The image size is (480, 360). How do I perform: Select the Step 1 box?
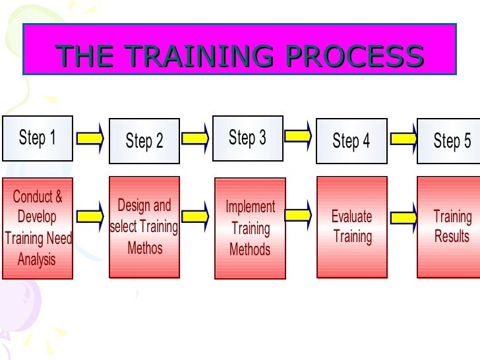[x=38, y=138]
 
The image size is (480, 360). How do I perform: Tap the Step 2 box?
[x=144, y=141]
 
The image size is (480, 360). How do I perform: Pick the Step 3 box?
[x=248, y=138]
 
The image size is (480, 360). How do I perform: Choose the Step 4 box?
[x=351, y=140]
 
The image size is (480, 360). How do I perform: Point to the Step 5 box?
[x=450, y=140]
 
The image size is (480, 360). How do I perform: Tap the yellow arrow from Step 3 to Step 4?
[x=299, y=136]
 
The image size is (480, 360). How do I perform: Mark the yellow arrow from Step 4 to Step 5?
[x=404, y=138]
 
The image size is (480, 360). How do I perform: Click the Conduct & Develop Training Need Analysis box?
[x=38, y=228]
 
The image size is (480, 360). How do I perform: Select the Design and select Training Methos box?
[x=144, y=227]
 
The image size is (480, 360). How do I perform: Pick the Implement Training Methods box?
[x=250, y=228]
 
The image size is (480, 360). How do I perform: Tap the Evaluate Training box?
[x=351, y=227]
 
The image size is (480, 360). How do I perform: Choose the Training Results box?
[x=451, y=227]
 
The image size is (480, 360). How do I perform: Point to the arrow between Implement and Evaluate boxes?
[x=299, y=214]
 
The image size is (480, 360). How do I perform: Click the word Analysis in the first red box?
[x=37, y=260]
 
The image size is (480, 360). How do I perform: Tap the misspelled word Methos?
[x=145, y=248]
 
